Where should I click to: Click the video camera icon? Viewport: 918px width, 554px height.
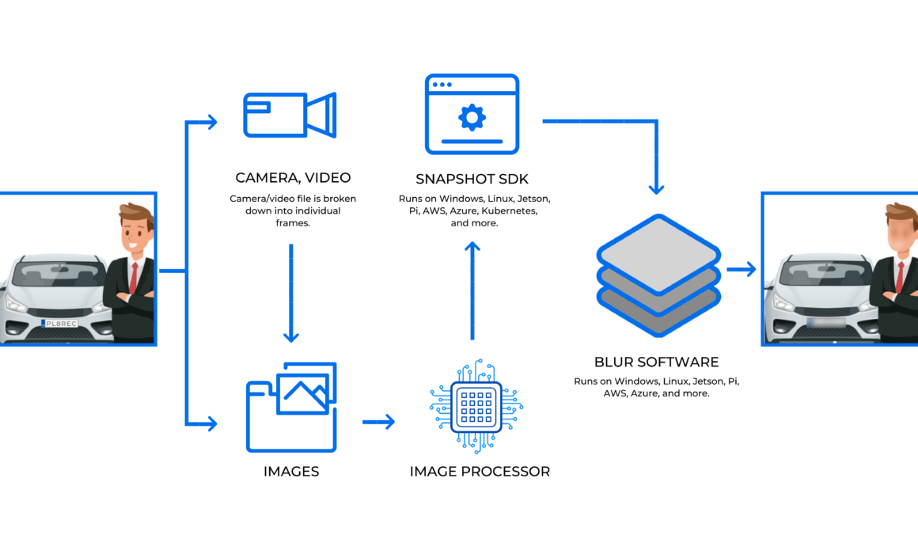(x=290, y=115)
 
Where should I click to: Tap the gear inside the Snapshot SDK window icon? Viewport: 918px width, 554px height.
(x=472, y=117)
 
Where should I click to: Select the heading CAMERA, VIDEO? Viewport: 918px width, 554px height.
(x=293, y=177)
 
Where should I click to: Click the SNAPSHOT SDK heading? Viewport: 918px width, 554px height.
(x=472, y=179)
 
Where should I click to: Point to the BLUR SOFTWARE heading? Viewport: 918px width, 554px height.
(x=656, y=362)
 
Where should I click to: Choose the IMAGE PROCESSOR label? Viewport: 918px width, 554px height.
(x=480, y=472)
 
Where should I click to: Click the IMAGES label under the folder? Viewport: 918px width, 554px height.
(x=291, y=472)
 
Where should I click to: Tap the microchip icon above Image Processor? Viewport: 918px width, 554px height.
(x=476, y=407)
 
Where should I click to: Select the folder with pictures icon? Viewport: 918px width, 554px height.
(x=291, y=407)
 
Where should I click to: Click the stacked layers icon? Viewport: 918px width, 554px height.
(x=658, y=275)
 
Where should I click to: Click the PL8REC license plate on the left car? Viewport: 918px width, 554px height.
(x=59, y=323)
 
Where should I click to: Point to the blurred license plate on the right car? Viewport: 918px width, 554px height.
(x=825, y=323)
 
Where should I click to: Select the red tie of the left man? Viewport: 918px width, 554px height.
(x=134, y=278)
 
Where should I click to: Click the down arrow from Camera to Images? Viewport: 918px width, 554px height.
(x=291, y=293)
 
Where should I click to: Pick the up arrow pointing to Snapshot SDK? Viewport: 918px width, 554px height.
(x=472, y=291)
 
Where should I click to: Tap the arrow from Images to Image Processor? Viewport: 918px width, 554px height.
(x=379, y=422)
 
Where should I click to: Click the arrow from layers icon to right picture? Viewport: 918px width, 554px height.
(x=742, y=269)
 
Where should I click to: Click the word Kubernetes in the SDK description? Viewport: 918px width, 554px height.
(x=510, y=211)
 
